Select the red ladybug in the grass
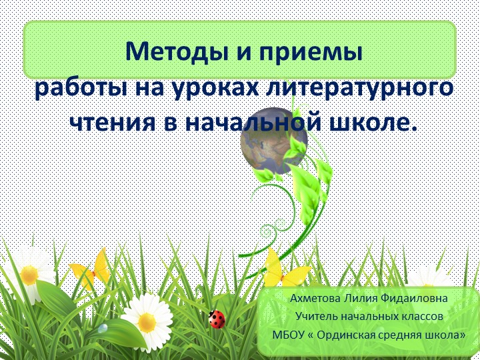217,319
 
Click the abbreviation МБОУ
288,333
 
